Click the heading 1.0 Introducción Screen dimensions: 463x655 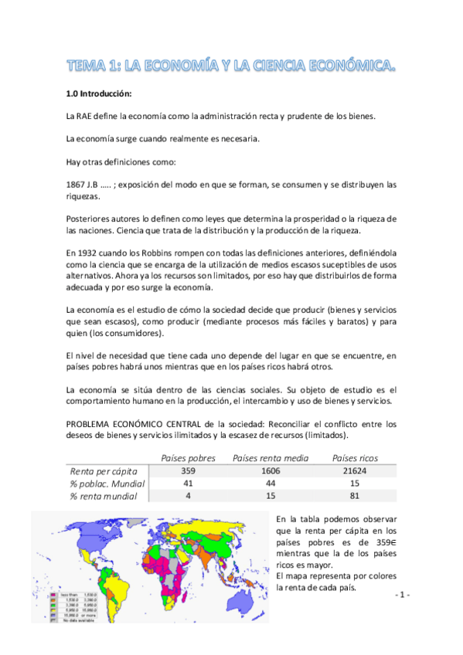click(100, 94)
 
